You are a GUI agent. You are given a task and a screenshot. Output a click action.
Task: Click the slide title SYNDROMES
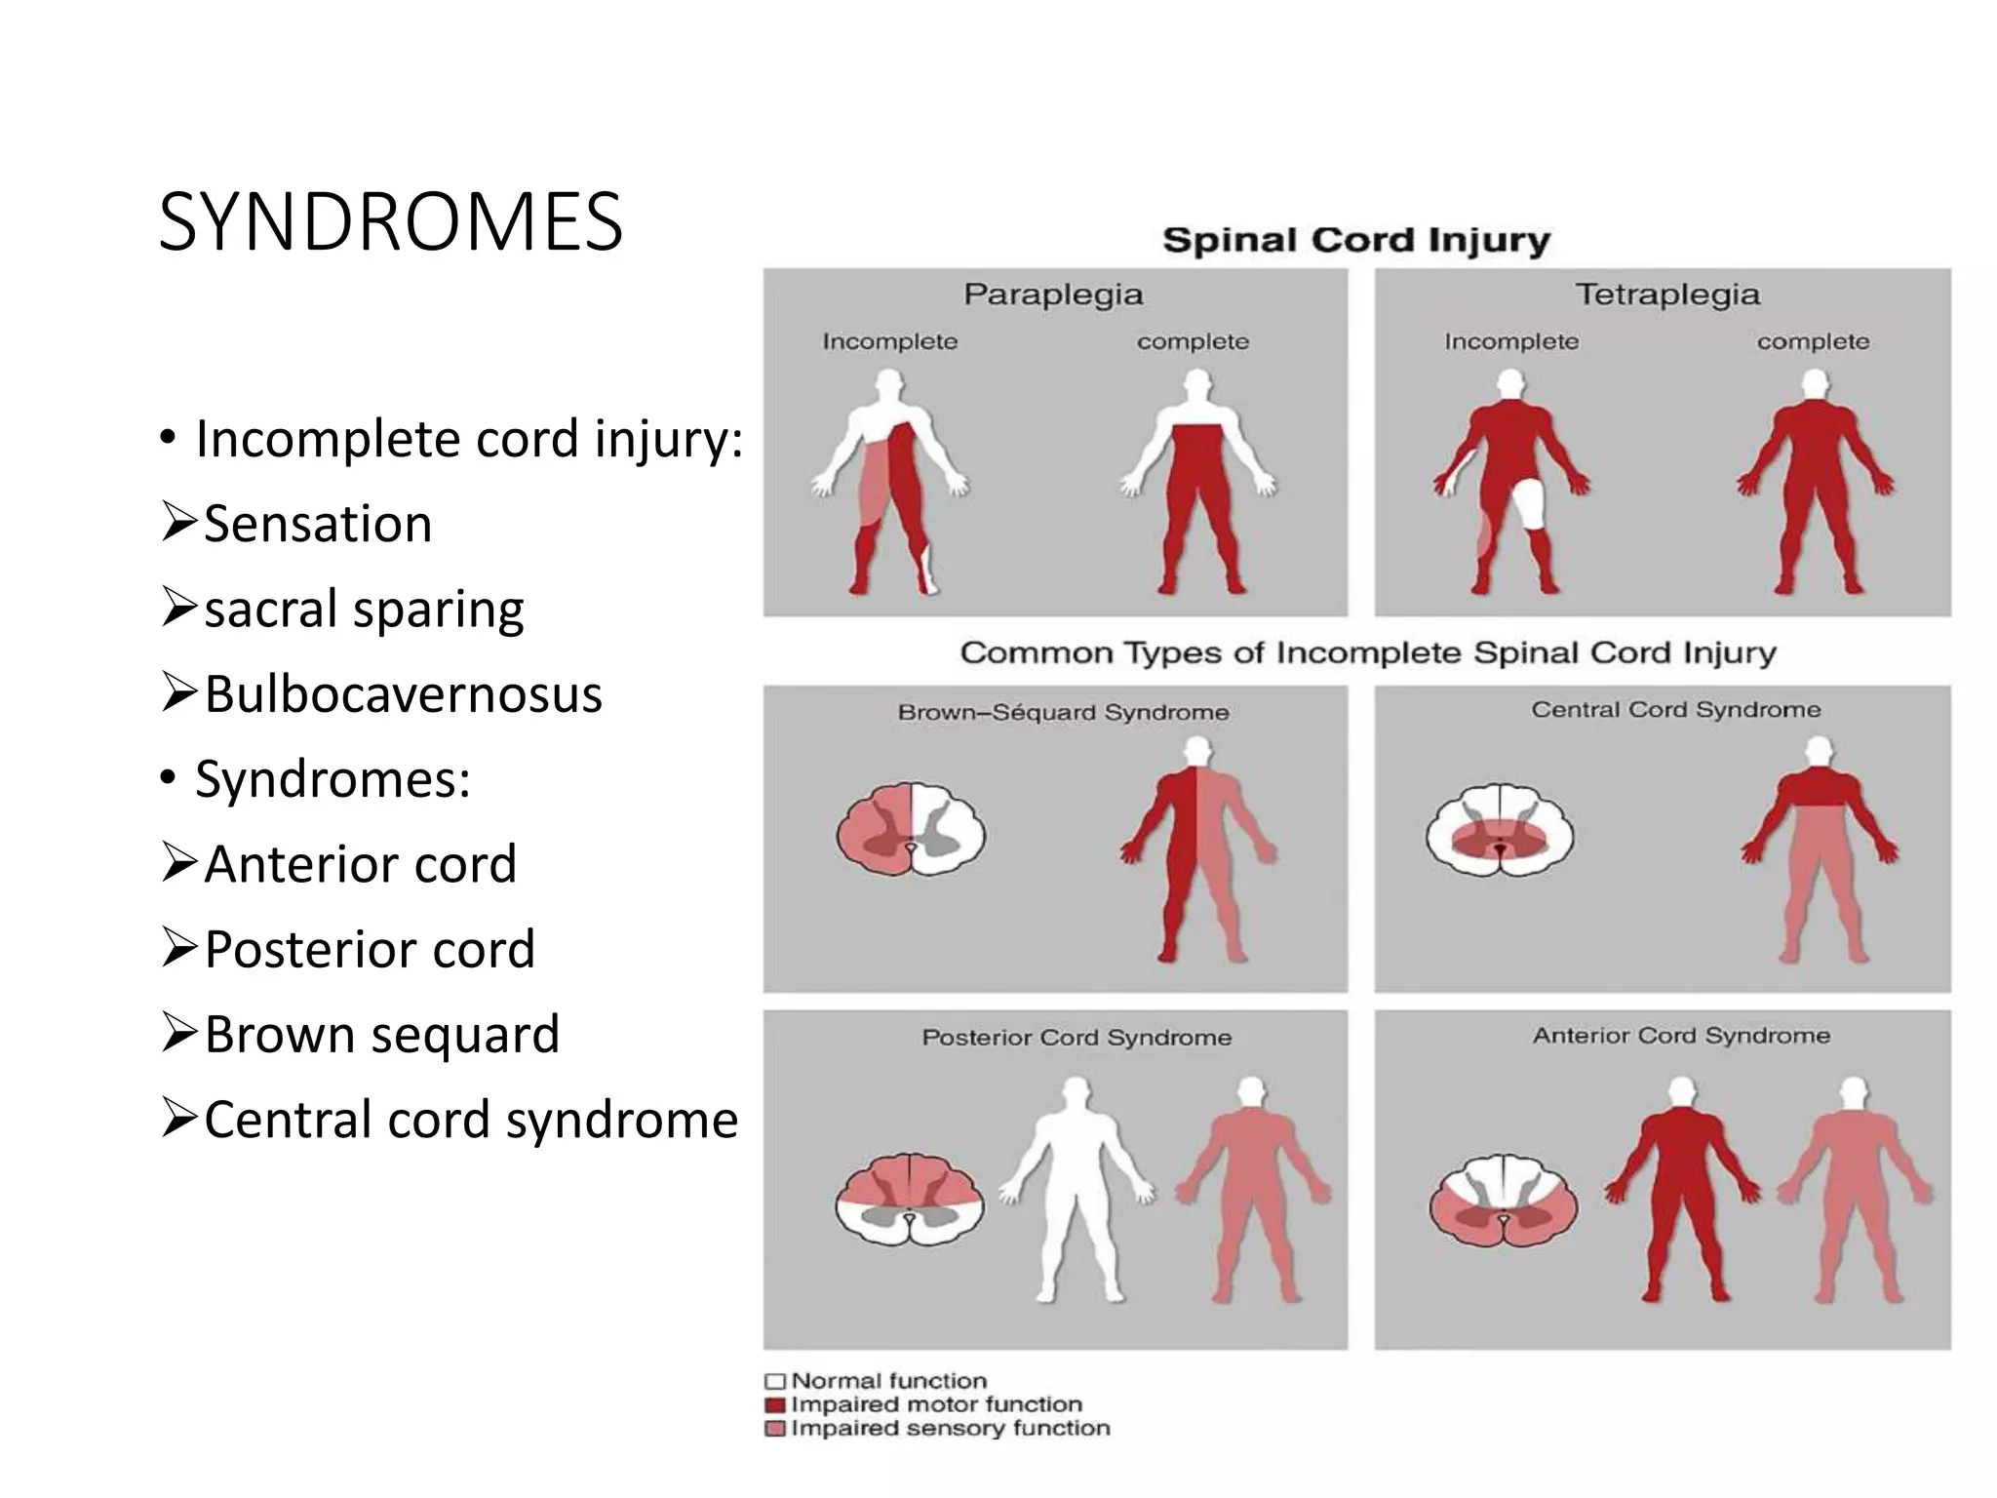[390, 222]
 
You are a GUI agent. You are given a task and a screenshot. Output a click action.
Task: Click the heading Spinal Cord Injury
[1355, 240]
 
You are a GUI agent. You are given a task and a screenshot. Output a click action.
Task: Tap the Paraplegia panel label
[1053, 295]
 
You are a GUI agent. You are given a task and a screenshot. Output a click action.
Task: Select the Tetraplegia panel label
[1667, 295]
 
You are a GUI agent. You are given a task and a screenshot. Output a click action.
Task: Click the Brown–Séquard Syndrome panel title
[1063, 713]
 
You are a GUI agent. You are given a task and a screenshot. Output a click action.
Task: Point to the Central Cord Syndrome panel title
[1675, 710]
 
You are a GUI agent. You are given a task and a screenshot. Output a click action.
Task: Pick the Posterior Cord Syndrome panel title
[1077, 1038]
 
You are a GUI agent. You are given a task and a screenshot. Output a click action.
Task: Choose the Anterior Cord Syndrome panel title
[1681, 1036]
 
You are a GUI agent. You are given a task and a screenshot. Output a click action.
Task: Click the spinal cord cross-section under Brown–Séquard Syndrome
[911, 829]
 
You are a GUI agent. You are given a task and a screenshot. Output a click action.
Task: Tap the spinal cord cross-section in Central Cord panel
[1500, 831]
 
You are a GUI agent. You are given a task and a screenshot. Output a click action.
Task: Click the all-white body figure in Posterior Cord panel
[1077, 1190]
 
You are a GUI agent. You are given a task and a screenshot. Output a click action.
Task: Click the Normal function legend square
[775, 1382]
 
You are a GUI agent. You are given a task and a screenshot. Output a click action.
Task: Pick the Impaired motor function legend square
[775, 1405]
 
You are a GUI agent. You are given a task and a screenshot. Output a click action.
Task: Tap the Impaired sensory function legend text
[950, 1429]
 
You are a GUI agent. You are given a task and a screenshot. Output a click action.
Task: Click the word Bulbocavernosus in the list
[403, 694]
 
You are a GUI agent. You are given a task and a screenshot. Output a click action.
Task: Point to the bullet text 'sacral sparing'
[364, 610]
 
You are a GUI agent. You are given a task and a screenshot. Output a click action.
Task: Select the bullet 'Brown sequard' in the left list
[381, 1035]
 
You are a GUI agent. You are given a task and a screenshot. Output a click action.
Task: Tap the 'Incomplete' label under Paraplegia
[889, 342]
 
